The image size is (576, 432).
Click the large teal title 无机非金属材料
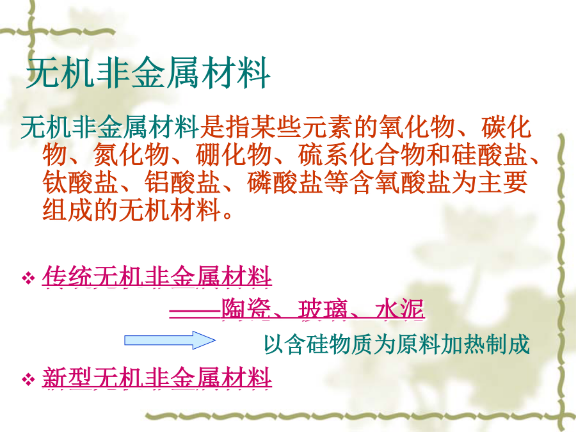(148, 73)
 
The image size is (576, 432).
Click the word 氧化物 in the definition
(416, 127)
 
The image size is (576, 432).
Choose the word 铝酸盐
(182, 182)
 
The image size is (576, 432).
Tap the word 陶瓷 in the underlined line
(246, 309)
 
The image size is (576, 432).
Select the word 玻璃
(323, 309)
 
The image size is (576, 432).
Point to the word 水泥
(400, 309)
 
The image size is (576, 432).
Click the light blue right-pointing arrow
(170, 340)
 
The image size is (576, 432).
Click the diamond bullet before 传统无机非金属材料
(28, 278)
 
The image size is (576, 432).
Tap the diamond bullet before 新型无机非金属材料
(28, 379)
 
